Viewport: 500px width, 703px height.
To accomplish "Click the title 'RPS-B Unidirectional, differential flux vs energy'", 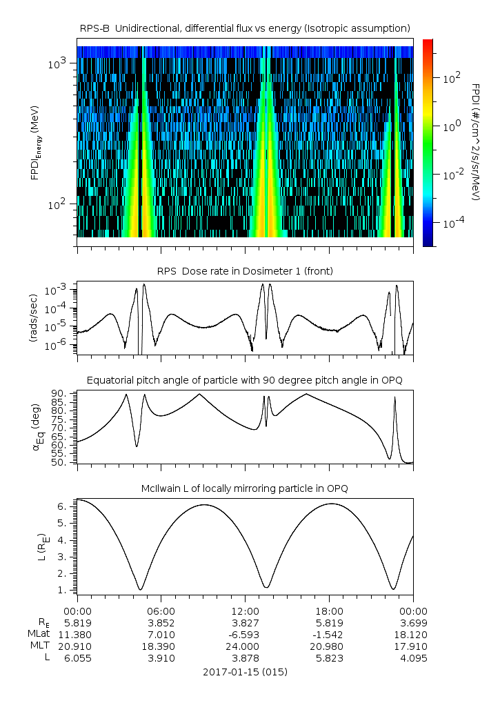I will tap(245, 28).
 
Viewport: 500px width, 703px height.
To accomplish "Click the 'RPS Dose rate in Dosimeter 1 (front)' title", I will tap(245, 271).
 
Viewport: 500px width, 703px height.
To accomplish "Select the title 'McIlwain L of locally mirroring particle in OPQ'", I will tap(245, 488).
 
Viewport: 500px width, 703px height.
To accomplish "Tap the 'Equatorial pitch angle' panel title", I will tap(245, 380).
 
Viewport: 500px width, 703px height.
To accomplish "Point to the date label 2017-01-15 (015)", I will tap(245, 671).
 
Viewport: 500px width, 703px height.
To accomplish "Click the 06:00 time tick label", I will tap(161, 611).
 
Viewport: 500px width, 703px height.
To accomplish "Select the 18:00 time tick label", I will tap(329, 611).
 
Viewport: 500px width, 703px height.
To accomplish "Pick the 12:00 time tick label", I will tap(245, 611).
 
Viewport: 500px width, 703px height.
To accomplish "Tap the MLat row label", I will tap(34, 634).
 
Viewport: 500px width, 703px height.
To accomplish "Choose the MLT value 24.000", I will tap(245, 646).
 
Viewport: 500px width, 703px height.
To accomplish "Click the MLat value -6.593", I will tap(245, 634).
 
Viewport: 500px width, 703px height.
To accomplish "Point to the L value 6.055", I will tap(77, 658).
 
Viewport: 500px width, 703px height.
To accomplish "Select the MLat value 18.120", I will tap(413, 634).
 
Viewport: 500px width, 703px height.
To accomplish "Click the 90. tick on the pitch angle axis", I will tap(60, 394).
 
